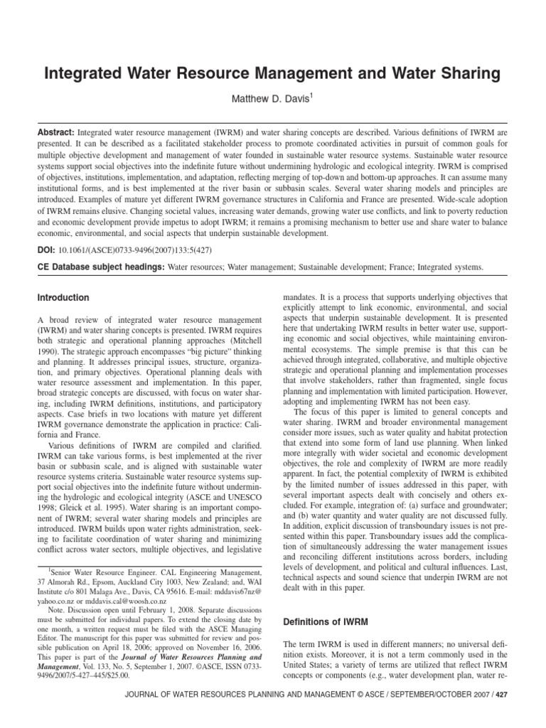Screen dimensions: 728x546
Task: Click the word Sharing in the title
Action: click(467, 73)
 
